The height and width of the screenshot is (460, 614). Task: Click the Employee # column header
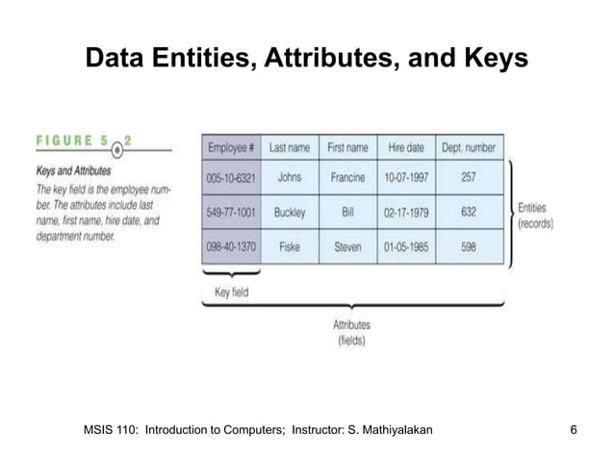click(232, 148)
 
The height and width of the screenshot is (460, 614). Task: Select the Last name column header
click(289, 148)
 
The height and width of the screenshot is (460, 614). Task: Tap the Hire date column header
click(406, 148)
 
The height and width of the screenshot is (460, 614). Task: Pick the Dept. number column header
click(469, 148)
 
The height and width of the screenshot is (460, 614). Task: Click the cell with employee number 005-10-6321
click(232, 177)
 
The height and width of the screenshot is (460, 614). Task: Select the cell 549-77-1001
click(232, 212)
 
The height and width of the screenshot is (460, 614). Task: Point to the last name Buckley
click(289, 212)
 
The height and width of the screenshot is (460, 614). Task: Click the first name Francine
click(347, 177)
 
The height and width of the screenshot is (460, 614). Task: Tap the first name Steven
click(347, 246)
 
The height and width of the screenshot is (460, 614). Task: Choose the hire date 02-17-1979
click(406, 212)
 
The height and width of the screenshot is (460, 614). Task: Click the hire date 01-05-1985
click(406, 246)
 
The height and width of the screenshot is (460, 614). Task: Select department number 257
click(469, 177)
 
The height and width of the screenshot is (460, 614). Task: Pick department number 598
click(469, 246)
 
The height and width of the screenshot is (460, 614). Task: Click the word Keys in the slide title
click(492, 59)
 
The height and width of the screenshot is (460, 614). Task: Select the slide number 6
click(574, 426)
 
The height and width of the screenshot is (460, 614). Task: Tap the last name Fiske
click(289, 246)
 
